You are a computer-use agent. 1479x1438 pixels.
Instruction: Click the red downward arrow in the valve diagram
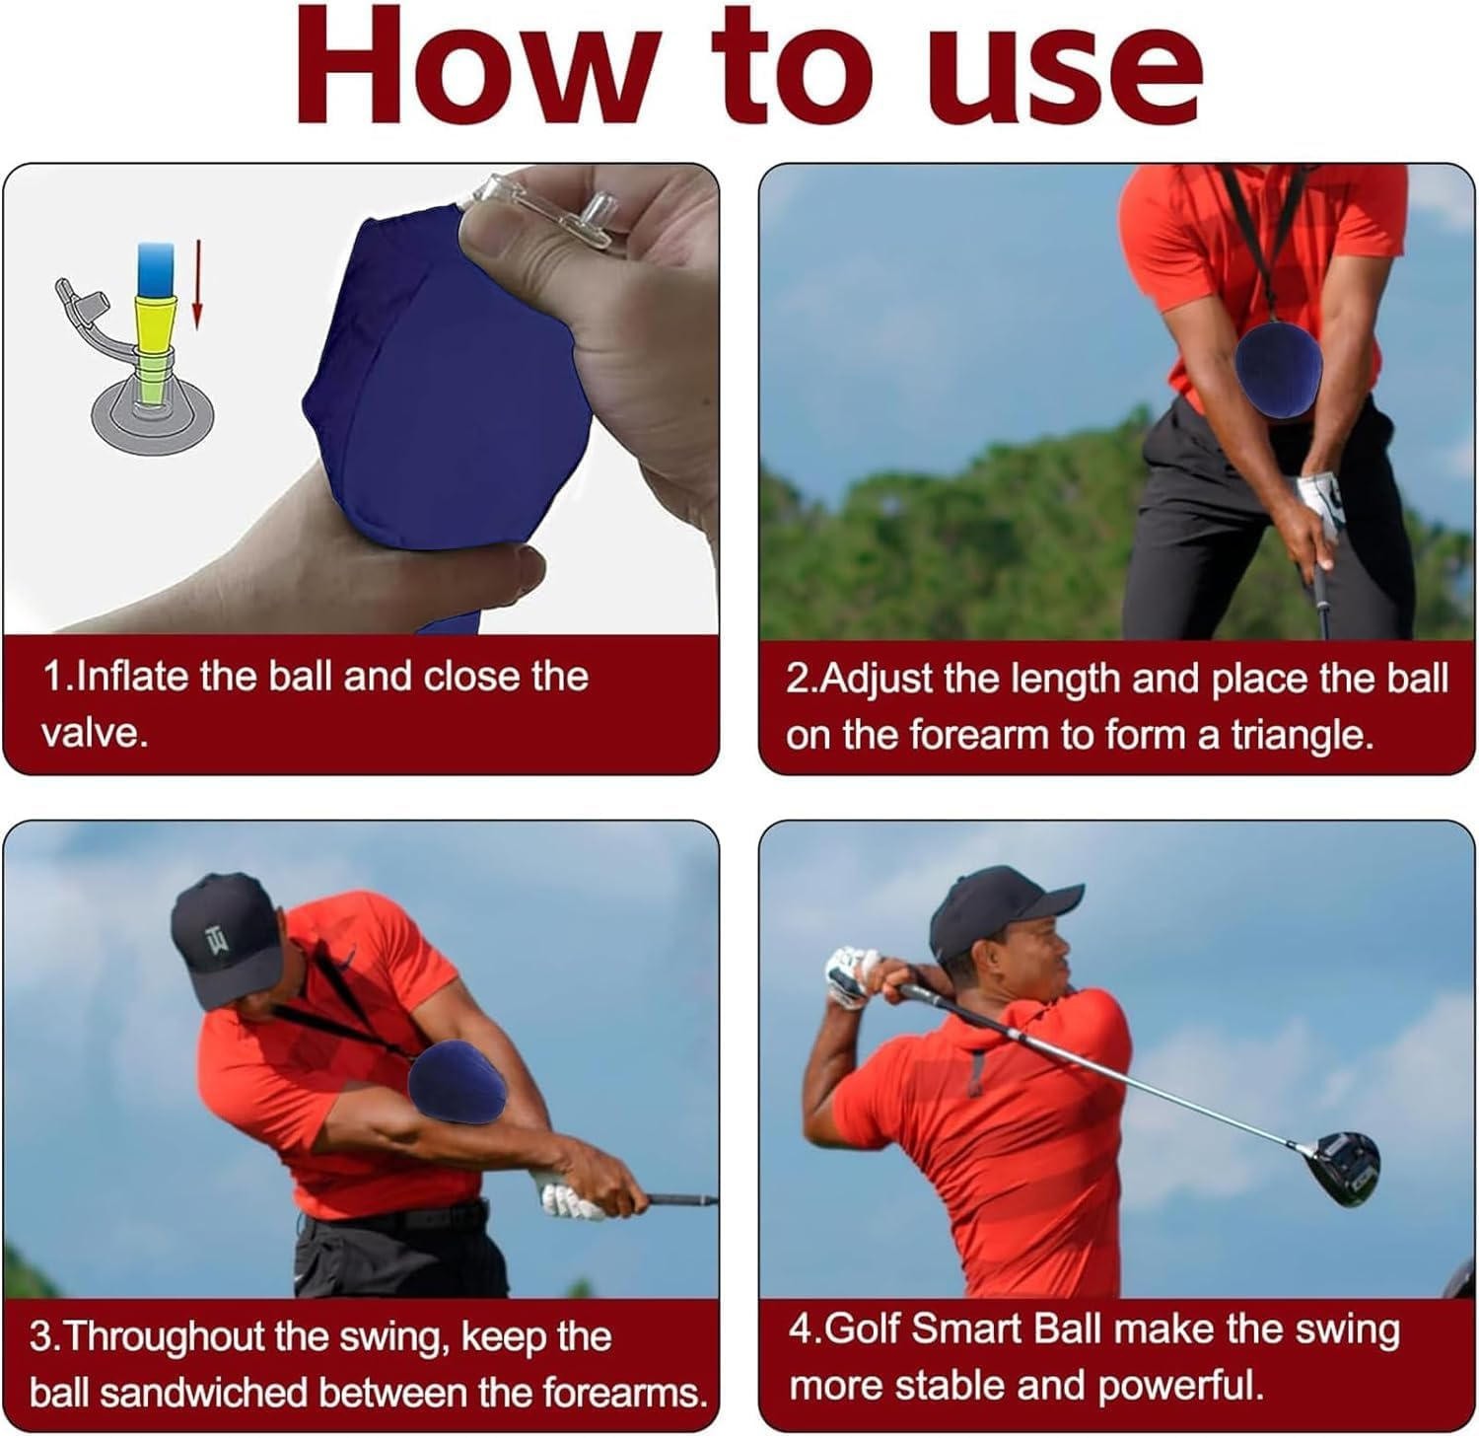coord(196,287)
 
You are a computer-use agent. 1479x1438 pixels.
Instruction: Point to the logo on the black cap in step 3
coord(217,943)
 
